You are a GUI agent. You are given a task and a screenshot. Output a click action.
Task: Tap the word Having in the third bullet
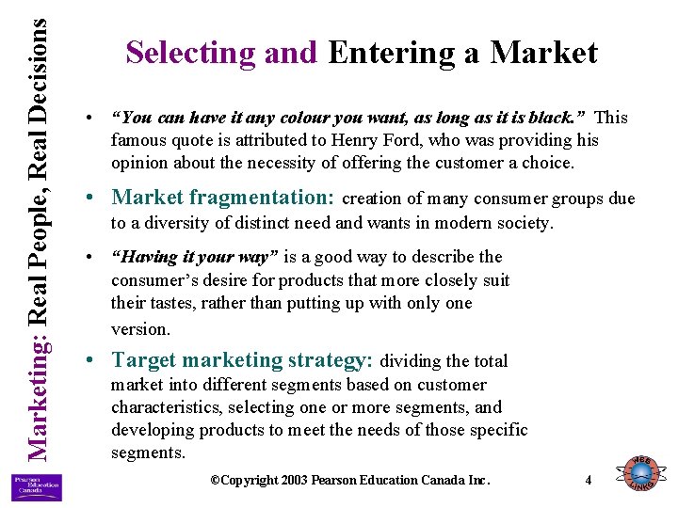(142, 257)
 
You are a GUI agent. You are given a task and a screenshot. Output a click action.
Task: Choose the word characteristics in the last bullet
(166, 407)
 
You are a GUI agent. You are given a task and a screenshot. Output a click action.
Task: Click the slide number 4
(589, 480)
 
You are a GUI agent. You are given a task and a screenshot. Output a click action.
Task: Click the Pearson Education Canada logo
(36, 487)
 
